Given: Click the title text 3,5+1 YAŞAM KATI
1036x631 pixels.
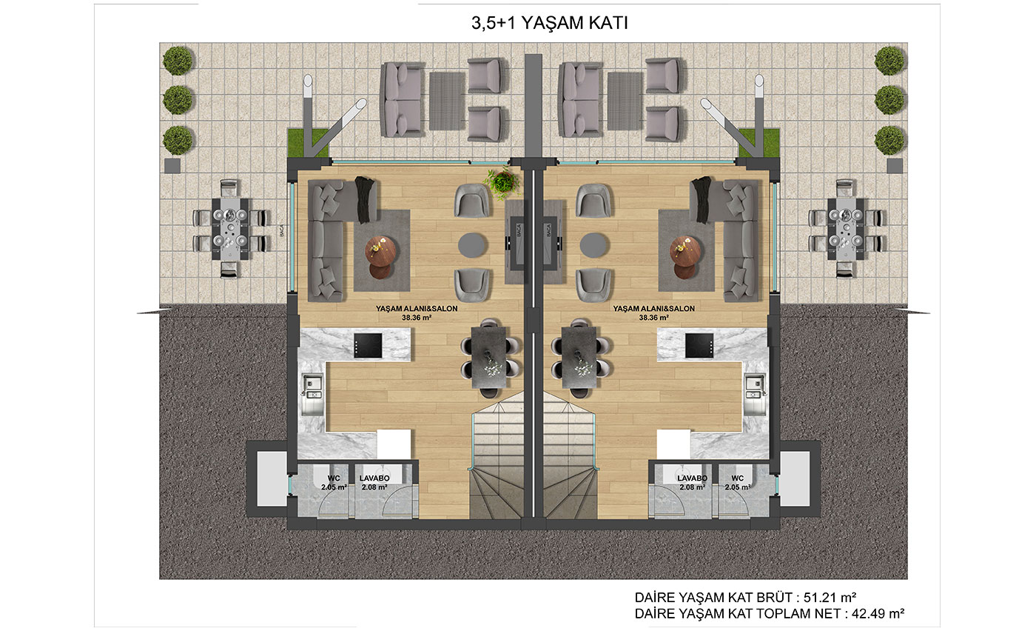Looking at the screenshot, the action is coord(549,23).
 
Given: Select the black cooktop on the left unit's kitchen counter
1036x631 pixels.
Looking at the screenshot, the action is coord(369,345).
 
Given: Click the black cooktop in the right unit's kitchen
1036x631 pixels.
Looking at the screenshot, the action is coord(699,345).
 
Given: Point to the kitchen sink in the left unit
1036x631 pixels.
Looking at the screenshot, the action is coord(312,393).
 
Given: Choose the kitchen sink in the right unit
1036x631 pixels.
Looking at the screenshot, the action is coord(755,393).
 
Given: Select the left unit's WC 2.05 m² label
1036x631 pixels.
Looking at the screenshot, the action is coord(334,482).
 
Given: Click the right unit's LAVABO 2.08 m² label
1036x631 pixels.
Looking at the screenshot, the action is coord(693,482).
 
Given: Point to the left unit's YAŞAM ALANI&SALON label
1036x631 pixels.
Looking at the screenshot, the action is coord(417,309).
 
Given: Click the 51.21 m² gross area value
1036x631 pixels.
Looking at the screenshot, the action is coord(830,597).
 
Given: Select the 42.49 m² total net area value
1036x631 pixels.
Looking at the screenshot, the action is coord(878,613).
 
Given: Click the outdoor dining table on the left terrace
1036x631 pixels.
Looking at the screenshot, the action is coord(230,229).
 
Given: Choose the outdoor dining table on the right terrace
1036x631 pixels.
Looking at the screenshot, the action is coord(846,229).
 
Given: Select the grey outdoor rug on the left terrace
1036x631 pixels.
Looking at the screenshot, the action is coord(447,101).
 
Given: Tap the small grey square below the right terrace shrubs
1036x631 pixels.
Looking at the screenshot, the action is coord(895,166).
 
